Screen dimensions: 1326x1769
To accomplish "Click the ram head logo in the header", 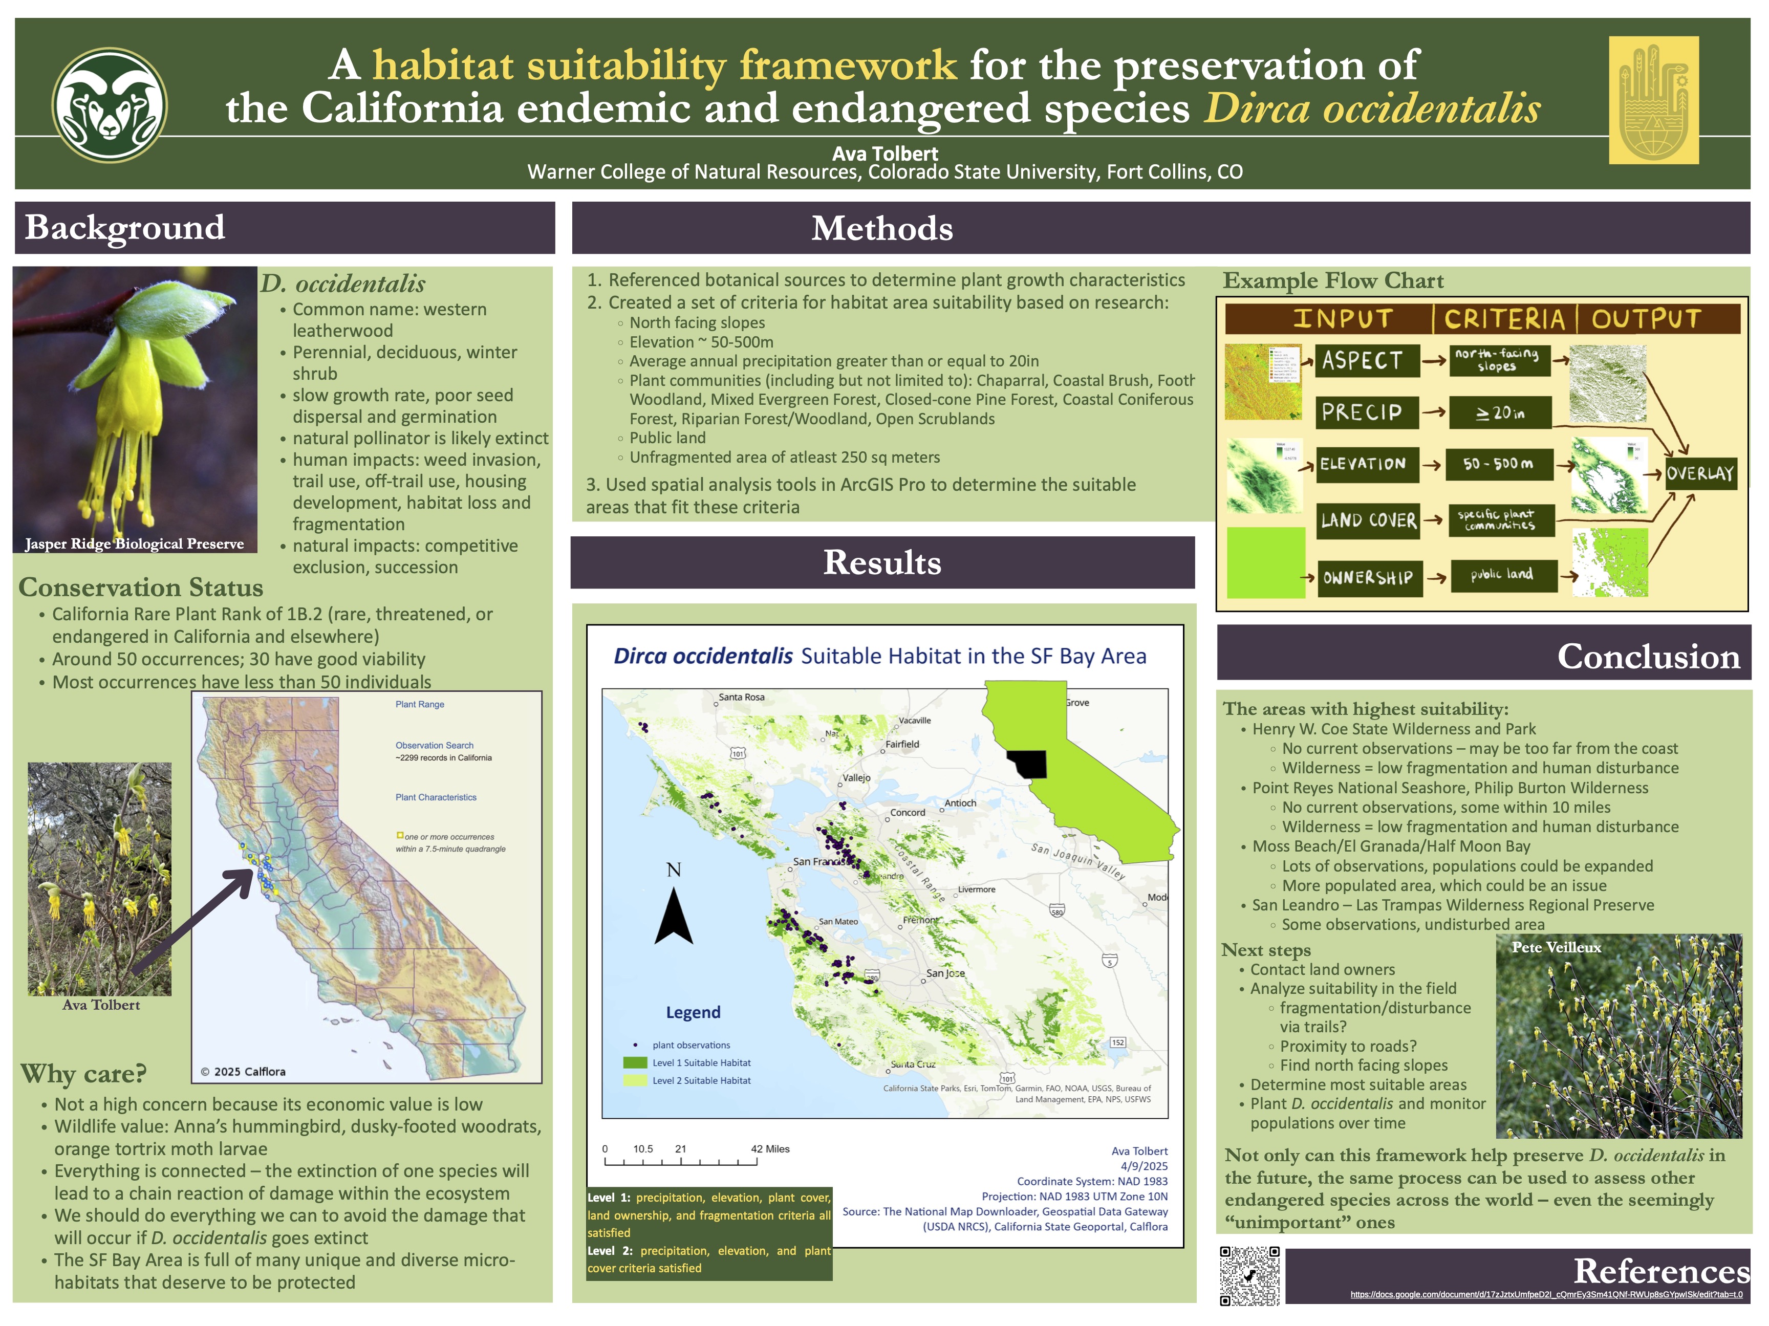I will pos(110,105).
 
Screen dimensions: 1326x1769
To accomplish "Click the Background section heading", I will pos(125,228).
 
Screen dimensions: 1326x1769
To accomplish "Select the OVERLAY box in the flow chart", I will pos(1699,473).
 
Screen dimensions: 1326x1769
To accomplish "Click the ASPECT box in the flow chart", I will pos(1366,361).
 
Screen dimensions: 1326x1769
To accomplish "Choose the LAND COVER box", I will pos(1368,520).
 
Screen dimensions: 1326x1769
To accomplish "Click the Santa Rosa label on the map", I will pos(741,698).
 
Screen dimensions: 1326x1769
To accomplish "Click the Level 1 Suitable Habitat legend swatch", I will pos(635,1063).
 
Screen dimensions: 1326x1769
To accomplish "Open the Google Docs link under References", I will pos(1546,1294).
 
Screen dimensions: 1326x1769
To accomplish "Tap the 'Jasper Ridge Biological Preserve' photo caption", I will pos(134,544).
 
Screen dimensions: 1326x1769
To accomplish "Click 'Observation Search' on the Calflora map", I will pos(434,745).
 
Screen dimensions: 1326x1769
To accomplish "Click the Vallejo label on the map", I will pos(856,777).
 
